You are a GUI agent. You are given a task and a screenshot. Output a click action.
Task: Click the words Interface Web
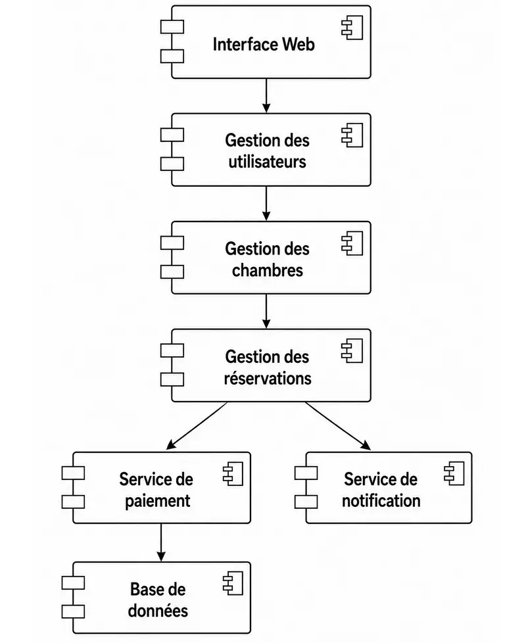pyautogui.click(x=264, y=44)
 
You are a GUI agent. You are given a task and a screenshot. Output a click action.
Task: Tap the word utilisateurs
pyautogui.click(x=268, y=162)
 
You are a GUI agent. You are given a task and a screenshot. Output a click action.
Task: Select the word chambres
pyautogui.click(x=268, y=270)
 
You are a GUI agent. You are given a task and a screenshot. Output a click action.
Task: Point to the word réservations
pyautogui.click(x=268, y=378)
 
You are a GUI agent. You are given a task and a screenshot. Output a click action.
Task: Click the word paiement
pyautogui.click(x=157, y=501)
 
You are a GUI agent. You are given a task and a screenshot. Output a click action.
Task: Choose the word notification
pyautogui.click(x=381, y=501)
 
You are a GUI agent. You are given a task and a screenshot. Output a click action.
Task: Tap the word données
pyautogui.click(x=158, y=611)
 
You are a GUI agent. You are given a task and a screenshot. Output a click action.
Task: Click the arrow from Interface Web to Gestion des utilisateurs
pyautogui.click(x=266, y=95)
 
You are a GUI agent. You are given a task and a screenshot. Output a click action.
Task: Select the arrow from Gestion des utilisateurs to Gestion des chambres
pyautogui.click(x=266, y=203)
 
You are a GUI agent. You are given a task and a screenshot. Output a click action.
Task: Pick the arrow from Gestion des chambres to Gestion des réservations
pyautogui.click(x=266, y=311)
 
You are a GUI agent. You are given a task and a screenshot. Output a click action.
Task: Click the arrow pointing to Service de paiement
pyautogui.click(x=197, y=425)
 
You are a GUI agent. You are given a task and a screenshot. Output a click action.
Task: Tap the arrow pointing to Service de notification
pyautogui.click(x=338, y=426)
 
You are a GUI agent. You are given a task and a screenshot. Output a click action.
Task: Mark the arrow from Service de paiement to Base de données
pyautogui.click(x=161, y=542)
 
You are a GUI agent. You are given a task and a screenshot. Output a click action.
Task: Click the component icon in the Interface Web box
pyautogui.click(x=352, y=28)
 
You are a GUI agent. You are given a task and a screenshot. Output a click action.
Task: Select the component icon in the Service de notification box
pyautogui.click(x=454, y=473)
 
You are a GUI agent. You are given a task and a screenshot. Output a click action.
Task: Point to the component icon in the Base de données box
pyautogui.click(x=233, y=583)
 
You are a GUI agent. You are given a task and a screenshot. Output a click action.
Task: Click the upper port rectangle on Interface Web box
pyautogui.click(x=172, y=27)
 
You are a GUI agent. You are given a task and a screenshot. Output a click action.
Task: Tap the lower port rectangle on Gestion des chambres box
pyautogui.click(x=172, y=272)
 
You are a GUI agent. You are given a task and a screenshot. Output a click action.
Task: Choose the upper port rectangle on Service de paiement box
pyautogui.click(x=74, y=473)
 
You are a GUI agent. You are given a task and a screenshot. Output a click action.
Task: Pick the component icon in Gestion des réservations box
pyautogui.click(x=352, y=350)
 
